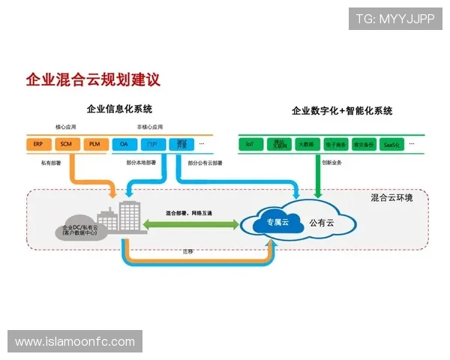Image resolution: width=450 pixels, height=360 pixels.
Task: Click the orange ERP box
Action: (x=38, y=143)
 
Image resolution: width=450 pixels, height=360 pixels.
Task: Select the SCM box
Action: (x=66, y=143)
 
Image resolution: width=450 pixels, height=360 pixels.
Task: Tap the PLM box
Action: (x=94, y=143)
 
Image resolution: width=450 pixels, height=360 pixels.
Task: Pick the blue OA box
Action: (x=124, y=143)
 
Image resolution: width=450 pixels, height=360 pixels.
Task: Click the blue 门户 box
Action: (x=152, y=143)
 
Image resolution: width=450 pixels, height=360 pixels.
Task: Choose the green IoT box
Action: (x=250, y=143)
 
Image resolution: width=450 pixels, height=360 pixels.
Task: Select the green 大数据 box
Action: (x=305, y=143)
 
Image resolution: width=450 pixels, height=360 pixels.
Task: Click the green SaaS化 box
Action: (x=390, y=143)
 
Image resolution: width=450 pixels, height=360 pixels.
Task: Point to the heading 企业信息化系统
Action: (x=119, y=109)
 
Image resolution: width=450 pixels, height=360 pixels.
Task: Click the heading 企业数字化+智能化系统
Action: (x=342, y=111)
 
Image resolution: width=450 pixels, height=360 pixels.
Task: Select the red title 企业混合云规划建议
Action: (x=93, y=79)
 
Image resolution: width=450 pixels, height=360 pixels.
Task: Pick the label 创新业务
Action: (x=331, y=162)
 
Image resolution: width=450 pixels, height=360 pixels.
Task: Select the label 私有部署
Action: (x=52, y=162)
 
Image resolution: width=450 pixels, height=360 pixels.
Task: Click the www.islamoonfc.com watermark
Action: (x=75, y=342)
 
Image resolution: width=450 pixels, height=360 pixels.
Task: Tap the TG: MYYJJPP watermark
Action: (x=395, y=18)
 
